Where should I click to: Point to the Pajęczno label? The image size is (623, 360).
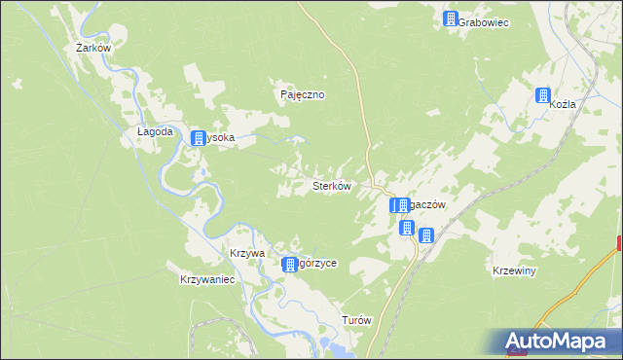click(x=302, y=95)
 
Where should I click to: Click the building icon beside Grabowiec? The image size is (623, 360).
click(x=451, y=19)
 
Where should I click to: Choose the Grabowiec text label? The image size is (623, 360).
click(x=483, y=20)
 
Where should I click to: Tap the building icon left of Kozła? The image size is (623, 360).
click(x=542, y=95)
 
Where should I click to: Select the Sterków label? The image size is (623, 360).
click(x=330, y=185)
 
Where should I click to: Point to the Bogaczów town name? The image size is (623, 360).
click(x=426, y=205)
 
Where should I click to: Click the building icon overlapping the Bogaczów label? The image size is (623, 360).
click(x=398, y=206)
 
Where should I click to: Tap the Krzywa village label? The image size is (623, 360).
click(x=247, y=252)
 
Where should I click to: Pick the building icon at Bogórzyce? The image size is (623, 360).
click(x=289, y=265)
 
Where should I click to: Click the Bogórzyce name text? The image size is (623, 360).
click(x=317, y=264)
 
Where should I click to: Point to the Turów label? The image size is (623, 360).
click(x=356, y=320)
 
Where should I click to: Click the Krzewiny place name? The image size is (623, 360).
click(x=515, y=270)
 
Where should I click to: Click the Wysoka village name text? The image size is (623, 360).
click(x=221, y=138)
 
